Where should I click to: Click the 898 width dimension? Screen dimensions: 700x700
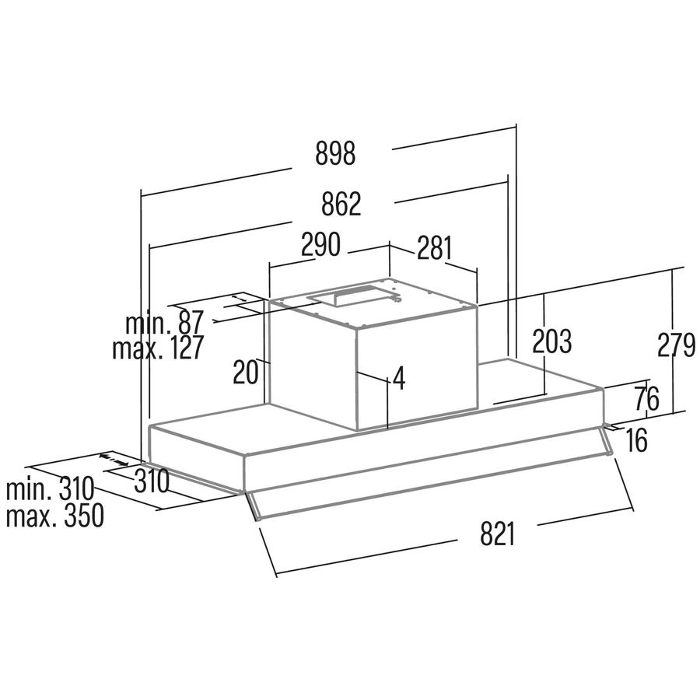pyautogui.click(x=335, y=153)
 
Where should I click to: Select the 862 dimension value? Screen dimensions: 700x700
pyautogui.click(x=341, y=204)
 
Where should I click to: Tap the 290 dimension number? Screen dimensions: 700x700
pyautogui.click(x=320, y=244)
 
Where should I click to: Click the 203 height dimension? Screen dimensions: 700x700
pyautogui.click(x=551, y=341)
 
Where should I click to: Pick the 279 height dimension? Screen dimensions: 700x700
pyautogui.click(x=677, y=345)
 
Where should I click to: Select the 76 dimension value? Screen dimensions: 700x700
pyautogui.click(x=646, y=399)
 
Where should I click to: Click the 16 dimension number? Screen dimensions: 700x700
pyautogui.click(x=636, y=440)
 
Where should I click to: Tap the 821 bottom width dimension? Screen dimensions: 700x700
pyautogui.click(x=498, y=534)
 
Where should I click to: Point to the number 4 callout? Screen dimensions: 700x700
pyautogui.click(x=399, y=379)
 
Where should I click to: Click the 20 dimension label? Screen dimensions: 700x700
pyautogui.click(x=246, y=373)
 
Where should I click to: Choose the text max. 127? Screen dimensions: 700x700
pyautogui.click(x=158, y=348)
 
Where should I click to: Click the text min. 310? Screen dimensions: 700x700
pyautogui.click(x=50, y=489)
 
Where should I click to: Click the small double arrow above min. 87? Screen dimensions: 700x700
pyautogui.click(x=239, y=297)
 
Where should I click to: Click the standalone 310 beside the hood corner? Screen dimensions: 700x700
pyautogui.click(x=152, y=481)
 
